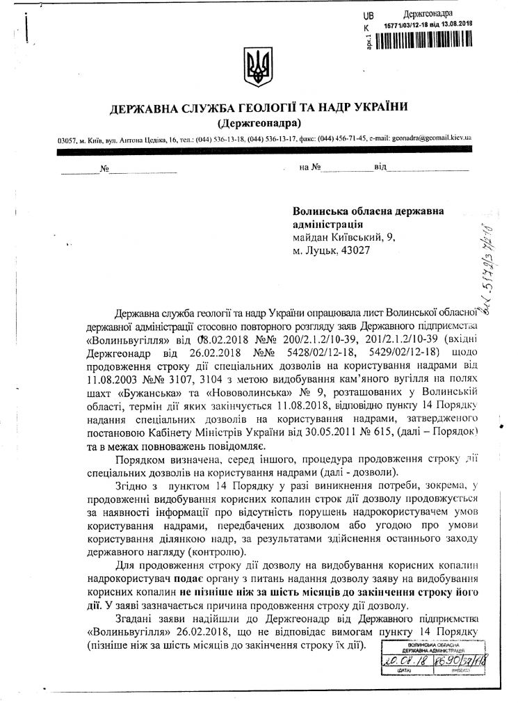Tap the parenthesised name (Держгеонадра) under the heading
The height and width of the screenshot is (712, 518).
tap(259, 124)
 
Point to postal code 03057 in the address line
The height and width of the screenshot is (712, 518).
tap(67, 140)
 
